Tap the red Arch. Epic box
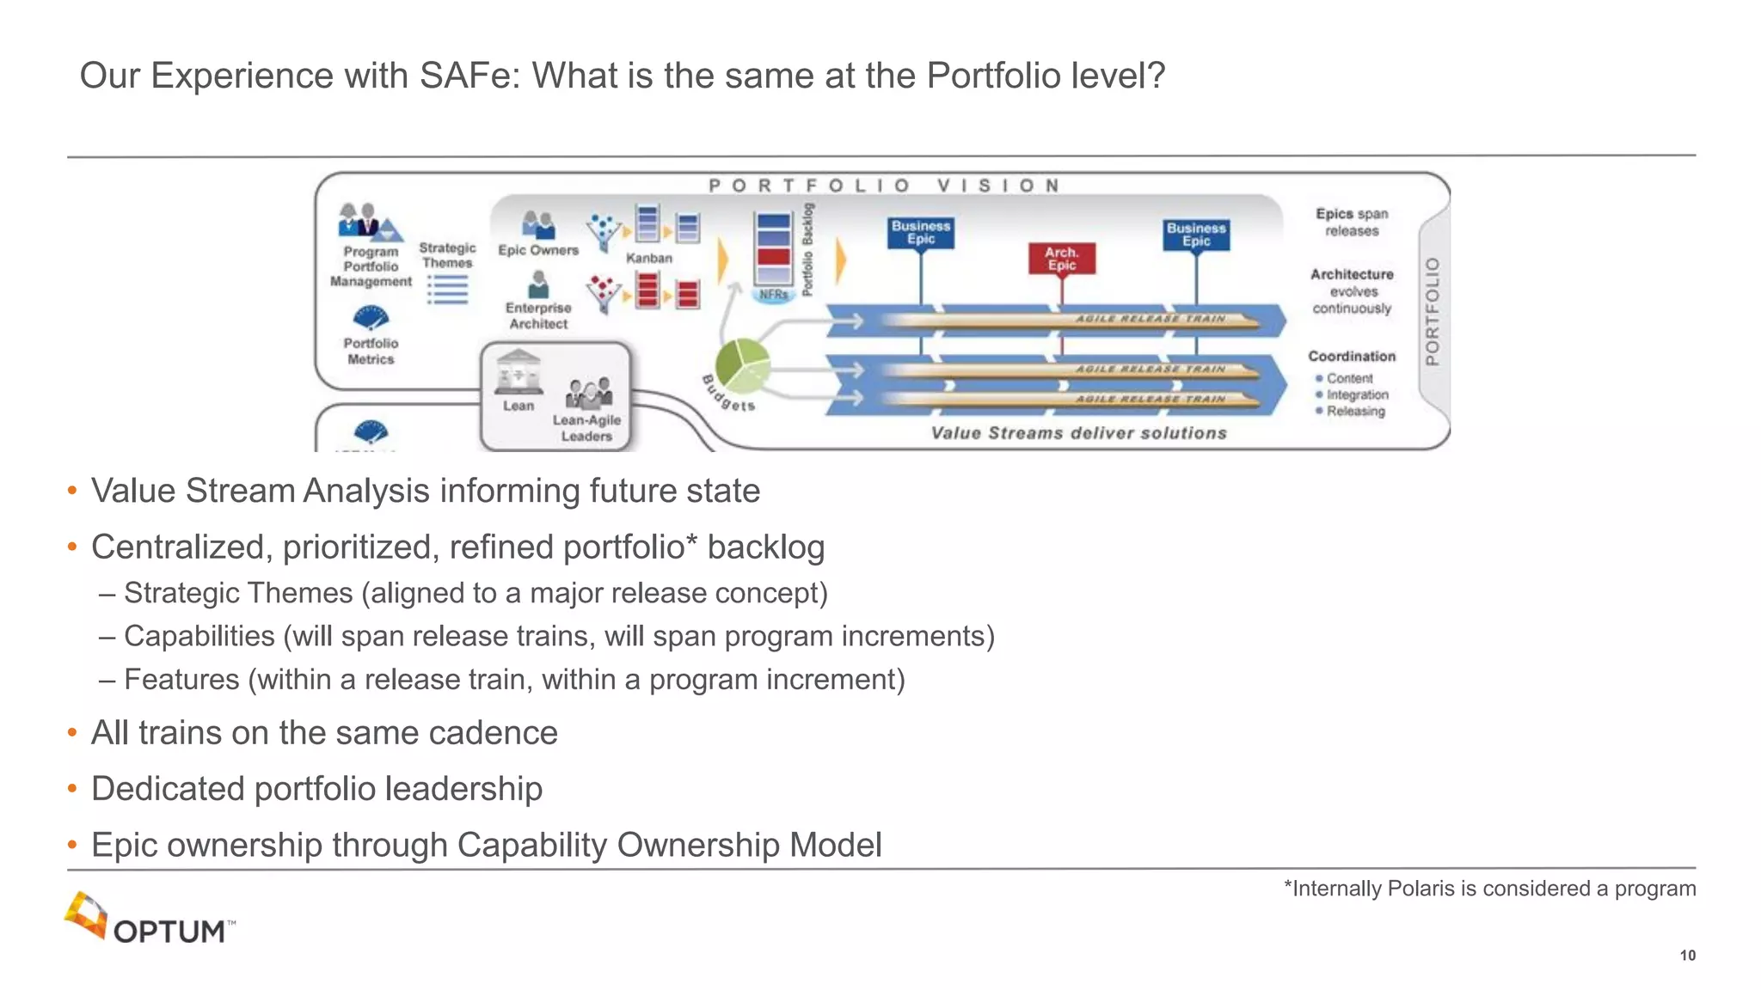pyautogui.click(x=1061, y=259)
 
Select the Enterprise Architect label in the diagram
pyautogui.click(x=538, y=315)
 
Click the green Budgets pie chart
pyautogui.click(x=742, y=363)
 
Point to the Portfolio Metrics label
pyautogui.click(x=371, y=351)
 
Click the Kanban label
pyautogui.click(x=648, y=258)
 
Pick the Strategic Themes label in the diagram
pyautogui.click(x=447, y=255)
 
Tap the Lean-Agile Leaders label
pyautogui.click(x=586, y=428)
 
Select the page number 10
pyautogui.click(x=1687, y=956)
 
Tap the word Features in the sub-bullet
pyautogui.click(x=181, y=680)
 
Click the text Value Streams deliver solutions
pyautogui.click(x=1078, y=433)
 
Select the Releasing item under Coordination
pyautogui.click(x=1355, y=412)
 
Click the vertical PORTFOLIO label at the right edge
pyautogui.click(x=1432, y=311)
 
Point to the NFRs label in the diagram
pyautogui.click(x=773, y=294)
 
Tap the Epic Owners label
pyautogui.click(x=538, y=250)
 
